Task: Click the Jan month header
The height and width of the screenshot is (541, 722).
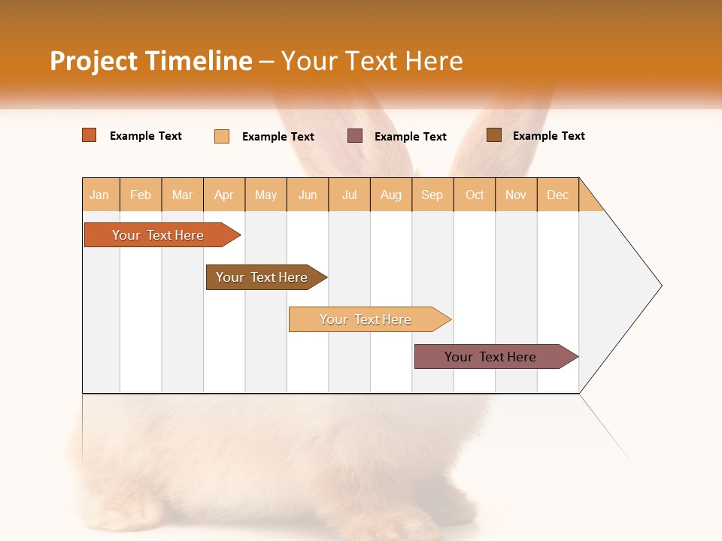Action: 99,195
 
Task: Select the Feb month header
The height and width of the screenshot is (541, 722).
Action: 141,195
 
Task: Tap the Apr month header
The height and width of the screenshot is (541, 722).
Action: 224,195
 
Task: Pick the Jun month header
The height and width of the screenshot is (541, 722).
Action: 308,195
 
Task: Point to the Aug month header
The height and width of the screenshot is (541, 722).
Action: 391,195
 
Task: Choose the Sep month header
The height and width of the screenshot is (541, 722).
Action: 432,195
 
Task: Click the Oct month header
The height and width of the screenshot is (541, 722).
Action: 475,195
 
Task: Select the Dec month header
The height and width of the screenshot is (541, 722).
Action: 558,195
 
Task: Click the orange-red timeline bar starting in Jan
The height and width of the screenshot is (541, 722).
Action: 158,235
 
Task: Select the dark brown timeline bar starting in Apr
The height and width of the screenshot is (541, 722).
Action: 262,277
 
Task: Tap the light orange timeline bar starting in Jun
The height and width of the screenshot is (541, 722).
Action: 366,319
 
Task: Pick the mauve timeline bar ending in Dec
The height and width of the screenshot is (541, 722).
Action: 490,357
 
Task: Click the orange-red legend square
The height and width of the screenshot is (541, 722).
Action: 89,135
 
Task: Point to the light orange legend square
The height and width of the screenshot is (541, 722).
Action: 222,136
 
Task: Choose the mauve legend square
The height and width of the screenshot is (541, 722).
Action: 355,136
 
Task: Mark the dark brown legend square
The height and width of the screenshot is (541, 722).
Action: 494,135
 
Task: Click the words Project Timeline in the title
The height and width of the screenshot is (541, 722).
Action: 151,61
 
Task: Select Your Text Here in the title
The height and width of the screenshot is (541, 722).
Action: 372,61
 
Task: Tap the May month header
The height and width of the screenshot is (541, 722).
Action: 265,195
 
